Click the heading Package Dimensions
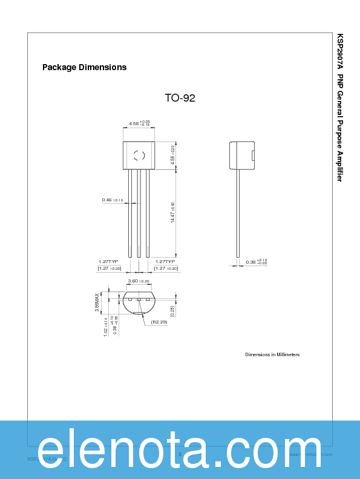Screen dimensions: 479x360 84,67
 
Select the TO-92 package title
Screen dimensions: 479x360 180,98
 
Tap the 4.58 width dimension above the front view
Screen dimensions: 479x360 139,124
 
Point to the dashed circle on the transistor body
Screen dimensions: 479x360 139,155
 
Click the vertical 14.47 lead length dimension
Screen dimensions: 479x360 172,213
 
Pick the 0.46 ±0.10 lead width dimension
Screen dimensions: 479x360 112,200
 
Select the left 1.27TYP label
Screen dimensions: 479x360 108,261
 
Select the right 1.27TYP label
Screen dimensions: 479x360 165,261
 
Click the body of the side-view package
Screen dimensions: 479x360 241,155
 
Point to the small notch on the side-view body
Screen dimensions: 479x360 252,155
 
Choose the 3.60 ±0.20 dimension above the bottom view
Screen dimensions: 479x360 139,281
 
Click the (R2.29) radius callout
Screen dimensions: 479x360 159,322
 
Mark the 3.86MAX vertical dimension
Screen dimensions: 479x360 97,302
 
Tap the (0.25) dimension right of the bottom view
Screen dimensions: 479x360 172,311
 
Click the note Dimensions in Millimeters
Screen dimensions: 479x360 272,354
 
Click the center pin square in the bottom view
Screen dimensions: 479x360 139,299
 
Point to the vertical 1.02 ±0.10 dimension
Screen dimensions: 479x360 105,327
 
